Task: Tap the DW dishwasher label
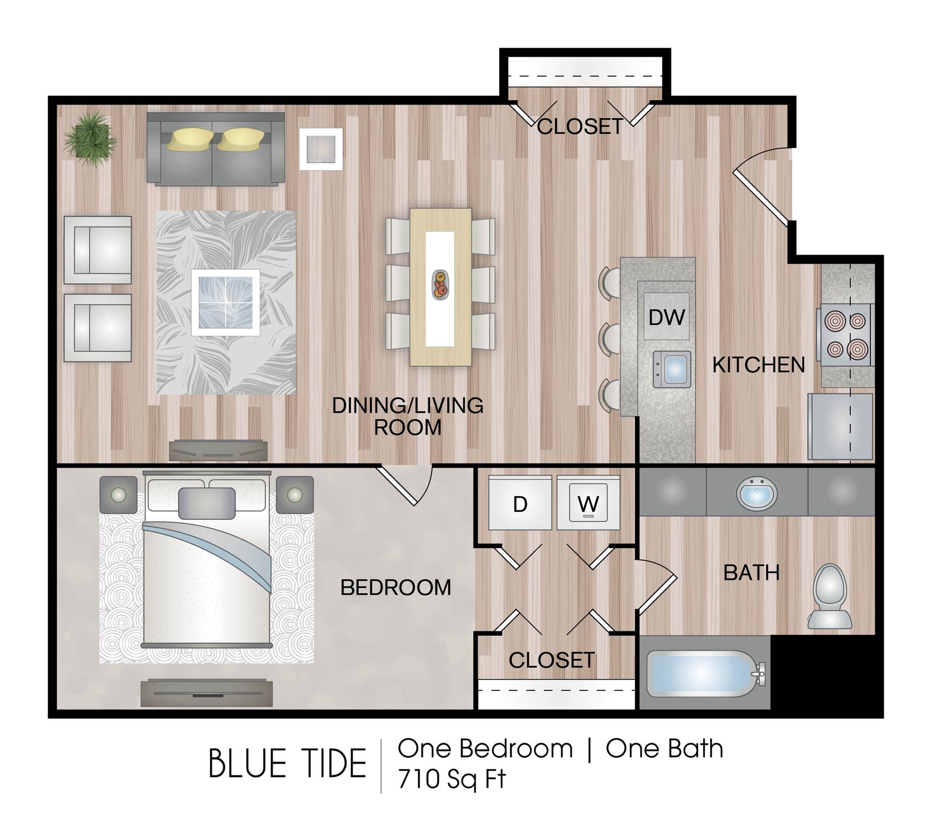(667, 318)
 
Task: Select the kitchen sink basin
(671, 369)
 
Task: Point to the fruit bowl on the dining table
(441, 285)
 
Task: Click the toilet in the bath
(830, 596)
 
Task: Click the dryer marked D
(520, 503)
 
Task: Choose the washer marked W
(588, 503)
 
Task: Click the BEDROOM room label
(396, 588)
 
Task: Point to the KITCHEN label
(759, 365)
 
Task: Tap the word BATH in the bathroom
(751, 573)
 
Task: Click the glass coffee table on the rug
(226, 302)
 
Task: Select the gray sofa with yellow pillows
(216, 149)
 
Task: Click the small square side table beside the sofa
(321, 149)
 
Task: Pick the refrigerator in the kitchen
(840, 427)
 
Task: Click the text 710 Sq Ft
(452, 779)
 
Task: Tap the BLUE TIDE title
(288, 764)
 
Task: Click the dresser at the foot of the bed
(207, 693)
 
